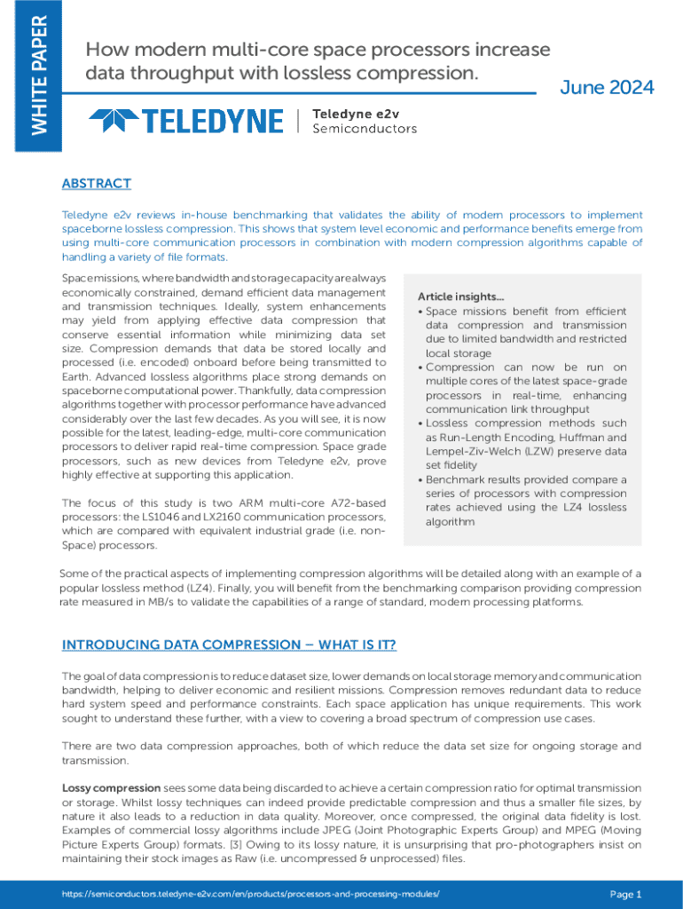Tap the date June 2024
(x=608, y=87)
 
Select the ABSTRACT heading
(x=96, y=184)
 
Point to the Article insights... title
(x=460, y=296)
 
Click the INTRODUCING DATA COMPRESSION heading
(x=229, y=644)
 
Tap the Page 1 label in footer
(x=625, y=894)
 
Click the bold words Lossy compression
(x=111, y=788)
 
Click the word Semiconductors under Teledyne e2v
(x=364, y=129)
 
